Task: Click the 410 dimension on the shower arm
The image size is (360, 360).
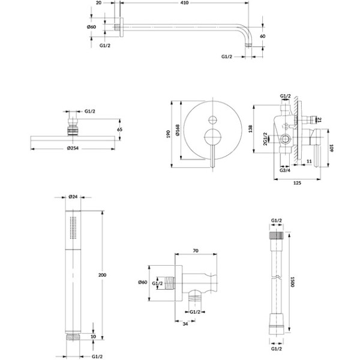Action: click(x=185, y=3)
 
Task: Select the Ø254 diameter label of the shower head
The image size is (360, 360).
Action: click(x=73, y=148)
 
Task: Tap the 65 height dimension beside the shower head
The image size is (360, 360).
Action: click(x=119, y=130)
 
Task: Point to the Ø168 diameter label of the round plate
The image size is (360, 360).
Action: click(x=178, y=130)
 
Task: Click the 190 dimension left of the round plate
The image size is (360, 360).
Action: click(x=168, y=134)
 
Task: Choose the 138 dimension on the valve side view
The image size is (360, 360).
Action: click(x=250, y=129)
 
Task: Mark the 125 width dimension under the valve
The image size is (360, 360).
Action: click(x=297, y=183)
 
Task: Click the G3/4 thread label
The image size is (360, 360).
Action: click(x=285, y=170)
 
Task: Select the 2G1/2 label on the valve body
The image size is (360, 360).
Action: click(x=265, y=139)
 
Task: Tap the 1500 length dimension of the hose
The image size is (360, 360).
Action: click(x=292, y=281)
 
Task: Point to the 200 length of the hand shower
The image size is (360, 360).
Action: click(x=102, y=275)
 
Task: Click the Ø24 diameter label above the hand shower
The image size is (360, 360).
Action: click(x=73, y=197)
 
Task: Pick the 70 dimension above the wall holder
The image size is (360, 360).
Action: click(x=196, y=251)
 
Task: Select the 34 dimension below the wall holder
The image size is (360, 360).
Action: click(x=185, y=324)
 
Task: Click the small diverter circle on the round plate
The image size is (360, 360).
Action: click(x=212, y=120)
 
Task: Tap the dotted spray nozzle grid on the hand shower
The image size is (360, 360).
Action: click(x=73, y=228)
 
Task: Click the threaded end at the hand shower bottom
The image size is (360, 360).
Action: click(x=73, y=337)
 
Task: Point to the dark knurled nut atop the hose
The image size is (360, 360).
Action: click(x=276, y=235)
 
